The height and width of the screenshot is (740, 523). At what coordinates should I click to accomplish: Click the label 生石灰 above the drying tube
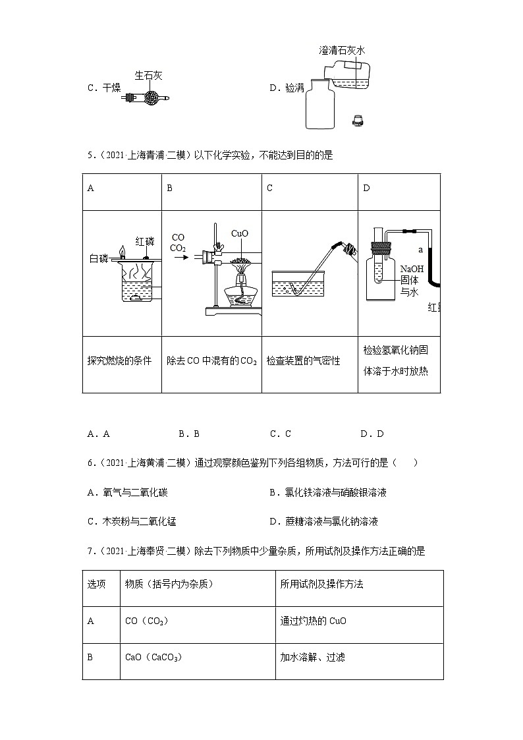[148, 76]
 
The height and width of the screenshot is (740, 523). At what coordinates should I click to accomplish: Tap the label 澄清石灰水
[341, 50]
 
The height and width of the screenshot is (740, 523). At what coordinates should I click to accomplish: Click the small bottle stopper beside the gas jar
[358, 120]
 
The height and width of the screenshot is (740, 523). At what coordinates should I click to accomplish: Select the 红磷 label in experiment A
[145, 241]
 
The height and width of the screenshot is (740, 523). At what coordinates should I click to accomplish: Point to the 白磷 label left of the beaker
[98, 259]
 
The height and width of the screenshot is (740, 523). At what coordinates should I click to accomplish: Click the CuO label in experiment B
[240, 233]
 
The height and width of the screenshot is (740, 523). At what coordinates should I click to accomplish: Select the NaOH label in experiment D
[411, 268]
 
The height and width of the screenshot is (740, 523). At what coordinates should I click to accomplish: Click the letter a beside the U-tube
[420, 249]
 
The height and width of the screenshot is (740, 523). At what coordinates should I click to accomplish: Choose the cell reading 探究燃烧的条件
[119, 360]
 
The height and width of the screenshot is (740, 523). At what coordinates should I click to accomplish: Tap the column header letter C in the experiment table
[270, 188]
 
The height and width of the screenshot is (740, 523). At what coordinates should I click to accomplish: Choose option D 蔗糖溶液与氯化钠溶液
[323, 521]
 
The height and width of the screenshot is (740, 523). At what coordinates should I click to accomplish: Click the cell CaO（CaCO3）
[153, 657]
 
